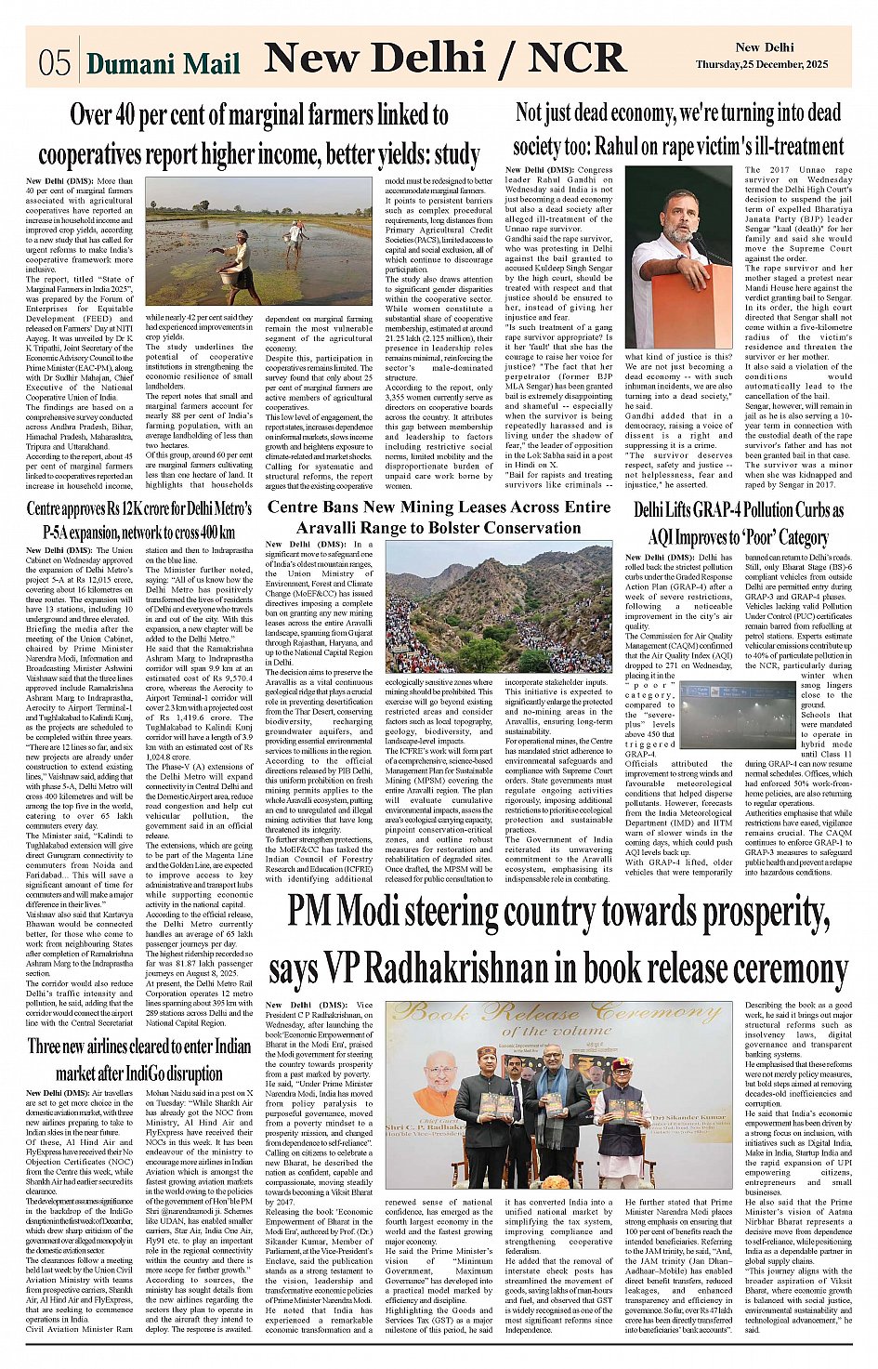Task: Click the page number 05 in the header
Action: (55, 63)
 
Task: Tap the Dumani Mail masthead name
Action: (164, 64)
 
